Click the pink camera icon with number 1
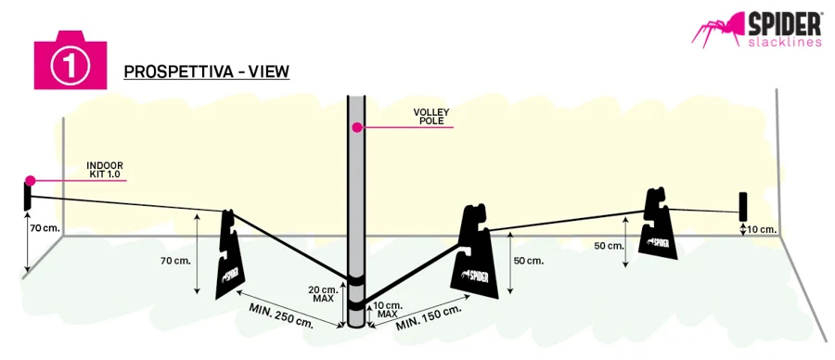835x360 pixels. pos(71,59)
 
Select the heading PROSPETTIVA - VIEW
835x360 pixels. pos(207,71)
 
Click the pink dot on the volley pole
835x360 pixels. pos(356,127)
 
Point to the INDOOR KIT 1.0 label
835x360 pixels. pos(105,170)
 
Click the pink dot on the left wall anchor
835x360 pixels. pos(30,181)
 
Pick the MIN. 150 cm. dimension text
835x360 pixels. pos(428,318)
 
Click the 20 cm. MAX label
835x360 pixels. pos(323,294)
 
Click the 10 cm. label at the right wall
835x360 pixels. pos(763,230)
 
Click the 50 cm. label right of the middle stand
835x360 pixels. pos(528,261)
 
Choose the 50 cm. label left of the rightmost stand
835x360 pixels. pos(609,246)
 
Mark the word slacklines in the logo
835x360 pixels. pos(785,42)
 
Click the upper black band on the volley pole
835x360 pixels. pos(355,279)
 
